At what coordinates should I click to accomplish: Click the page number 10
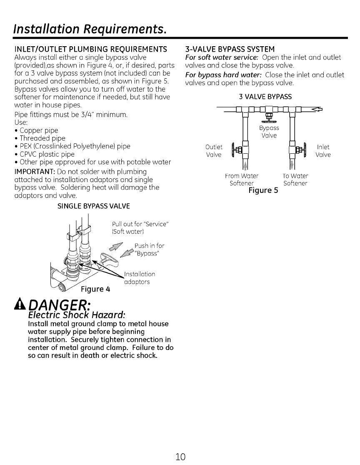(x=180, y=455)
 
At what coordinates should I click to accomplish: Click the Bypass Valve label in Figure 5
(x=269, y=132)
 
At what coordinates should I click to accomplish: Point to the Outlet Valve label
(x=215, y=151)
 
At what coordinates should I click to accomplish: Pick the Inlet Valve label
(x=323, y=151)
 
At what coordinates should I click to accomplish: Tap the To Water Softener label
(x=295, y=180)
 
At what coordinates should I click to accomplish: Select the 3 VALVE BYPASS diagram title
(x=265, y=97)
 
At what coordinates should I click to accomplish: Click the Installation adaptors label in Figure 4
(x=140, y=278)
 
